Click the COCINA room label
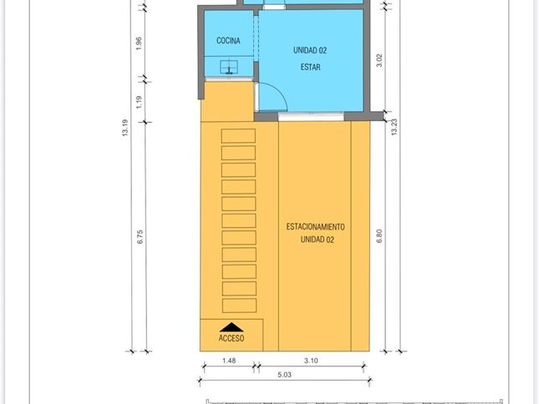(228, 41)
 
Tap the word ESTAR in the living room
(310, 67)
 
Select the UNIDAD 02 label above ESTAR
(310, 50)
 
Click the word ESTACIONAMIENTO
(315, 226)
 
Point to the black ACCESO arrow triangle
(231, 327)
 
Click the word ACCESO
(231, 338)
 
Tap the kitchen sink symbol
(229, 67)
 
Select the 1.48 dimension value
(229, 361)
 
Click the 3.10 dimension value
(311, 361)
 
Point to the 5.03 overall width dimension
(284, 375)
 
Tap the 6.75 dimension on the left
(140, 237)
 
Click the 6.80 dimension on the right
(379, 236)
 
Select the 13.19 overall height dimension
(125, 128)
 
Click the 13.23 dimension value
(394, 127)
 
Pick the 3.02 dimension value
(379, 60)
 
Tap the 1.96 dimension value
(139, 43)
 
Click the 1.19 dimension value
(139, 103)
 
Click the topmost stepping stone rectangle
(238, 136)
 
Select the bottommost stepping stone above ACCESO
(239, 306)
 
